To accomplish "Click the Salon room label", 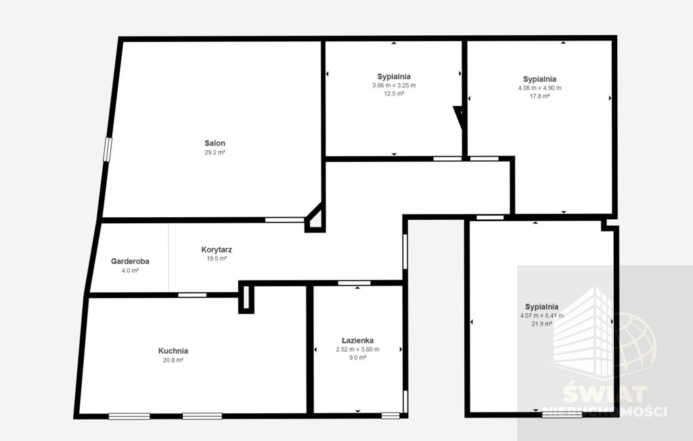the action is [215, 143].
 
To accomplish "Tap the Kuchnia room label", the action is [173, 351].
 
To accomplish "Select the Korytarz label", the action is [217, 250].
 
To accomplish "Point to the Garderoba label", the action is [130, 261].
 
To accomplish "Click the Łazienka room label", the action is [357, 340].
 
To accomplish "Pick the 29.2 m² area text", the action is [215, 152].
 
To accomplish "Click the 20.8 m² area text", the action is [173, 360].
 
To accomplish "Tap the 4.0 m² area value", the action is [130, 271].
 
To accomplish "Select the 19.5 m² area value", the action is [217, 258].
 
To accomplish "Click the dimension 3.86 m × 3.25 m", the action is [394, 85].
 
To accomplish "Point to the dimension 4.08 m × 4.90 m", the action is [539, 88].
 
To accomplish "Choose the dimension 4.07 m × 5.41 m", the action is [542, 315].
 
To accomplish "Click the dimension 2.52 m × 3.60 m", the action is [357, 349].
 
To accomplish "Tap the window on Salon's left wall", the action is [108, 149].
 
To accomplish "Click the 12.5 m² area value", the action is [394, 94].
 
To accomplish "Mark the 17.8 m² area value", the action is [539, 96].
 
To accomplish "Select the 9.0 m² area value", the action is [357, 358].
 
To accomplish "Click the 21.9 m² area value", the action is [542, 324].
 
